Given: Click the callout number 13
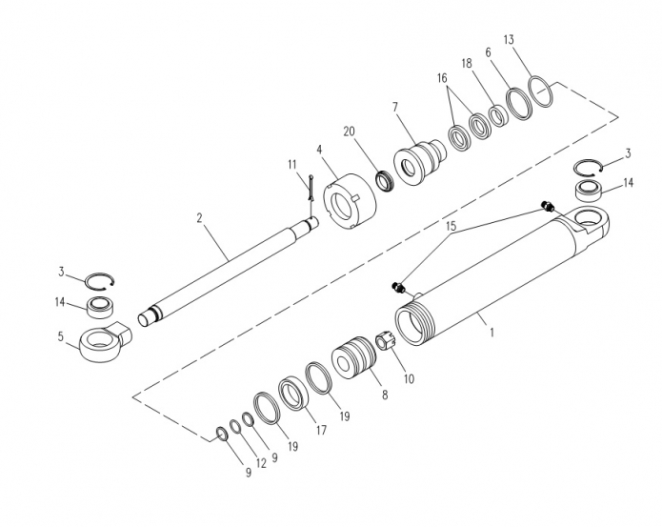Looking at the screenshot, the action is [509, 40].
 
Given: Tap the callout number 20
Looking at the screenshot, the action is [350, 132].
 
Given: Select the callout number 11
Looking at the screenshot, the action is [292, 164].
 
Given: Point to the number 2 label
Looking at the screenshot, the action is [200, 218].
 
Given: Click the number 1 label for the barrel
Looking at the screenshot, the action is [491, 333].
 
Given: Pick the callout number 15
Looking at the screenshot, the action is [451, 226].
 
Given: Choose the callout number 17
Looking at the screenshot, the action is [321, 430].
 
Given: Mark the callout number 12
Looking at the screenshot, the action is [261, 463].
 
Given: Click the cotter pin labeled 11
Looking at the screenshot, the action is [311, 187].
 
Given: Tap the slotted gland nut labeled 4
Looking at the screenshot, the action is [351, 201].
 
